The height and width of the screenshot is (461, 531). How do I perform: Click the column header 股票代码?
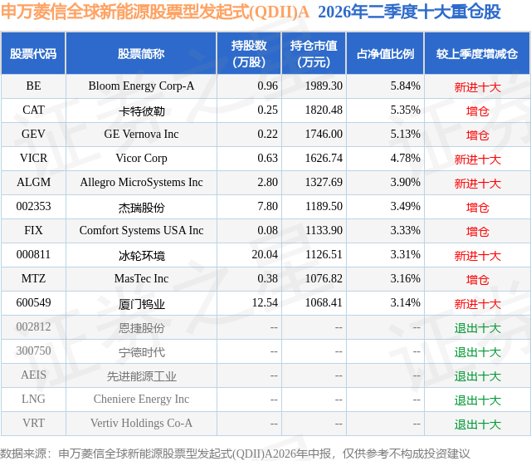coord(33,54)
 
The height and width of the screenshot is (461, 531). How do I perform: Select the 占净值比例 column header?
coord(385,54)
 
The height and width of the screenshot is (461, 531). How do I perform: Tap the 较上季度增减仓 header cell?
coord(477,54)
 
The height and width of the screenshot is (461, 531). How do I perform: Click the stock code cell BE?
coord(33,86)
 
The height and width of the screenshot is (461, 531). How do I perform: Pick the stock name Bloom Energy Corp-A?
coord(141,86)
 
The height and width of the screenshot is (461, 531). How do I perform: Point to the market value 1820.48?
coord(324,110)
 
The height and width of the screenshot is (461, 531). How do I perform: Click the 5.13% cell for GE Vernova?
coord(406,135)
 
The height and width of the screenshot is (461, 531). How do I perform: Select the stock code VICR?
coord(33,159)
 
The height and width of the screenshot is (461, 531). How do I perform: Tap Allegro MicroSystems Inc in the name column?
coord(141,183)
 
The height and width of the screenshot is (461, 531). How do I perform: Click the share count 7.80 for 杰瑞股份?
coord(267,207)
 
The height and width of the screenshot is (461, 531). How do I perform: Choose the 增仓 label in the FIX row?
coord(478,232)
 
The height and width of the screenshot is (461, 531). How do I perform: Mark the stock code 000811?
coord(33,254)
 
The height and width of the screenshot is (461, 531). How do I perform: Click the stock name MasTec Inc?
coord(141,278)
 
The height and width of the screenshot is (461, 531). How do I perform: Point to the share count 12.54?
coord(265,302)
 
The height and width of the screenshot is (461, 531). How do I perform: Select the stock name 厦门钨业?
coord(142,304)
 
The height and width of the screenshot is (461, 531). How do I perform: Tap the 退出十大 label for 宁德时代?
coord(478,352)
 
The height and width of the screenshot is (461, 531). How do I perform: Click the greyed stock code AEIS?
coord(33,375)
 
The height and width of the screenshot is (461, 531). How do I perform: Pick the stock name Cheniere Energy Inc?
coord(141,400)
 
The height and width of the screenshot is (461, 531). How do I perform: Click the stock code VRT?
coord(33,423)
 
